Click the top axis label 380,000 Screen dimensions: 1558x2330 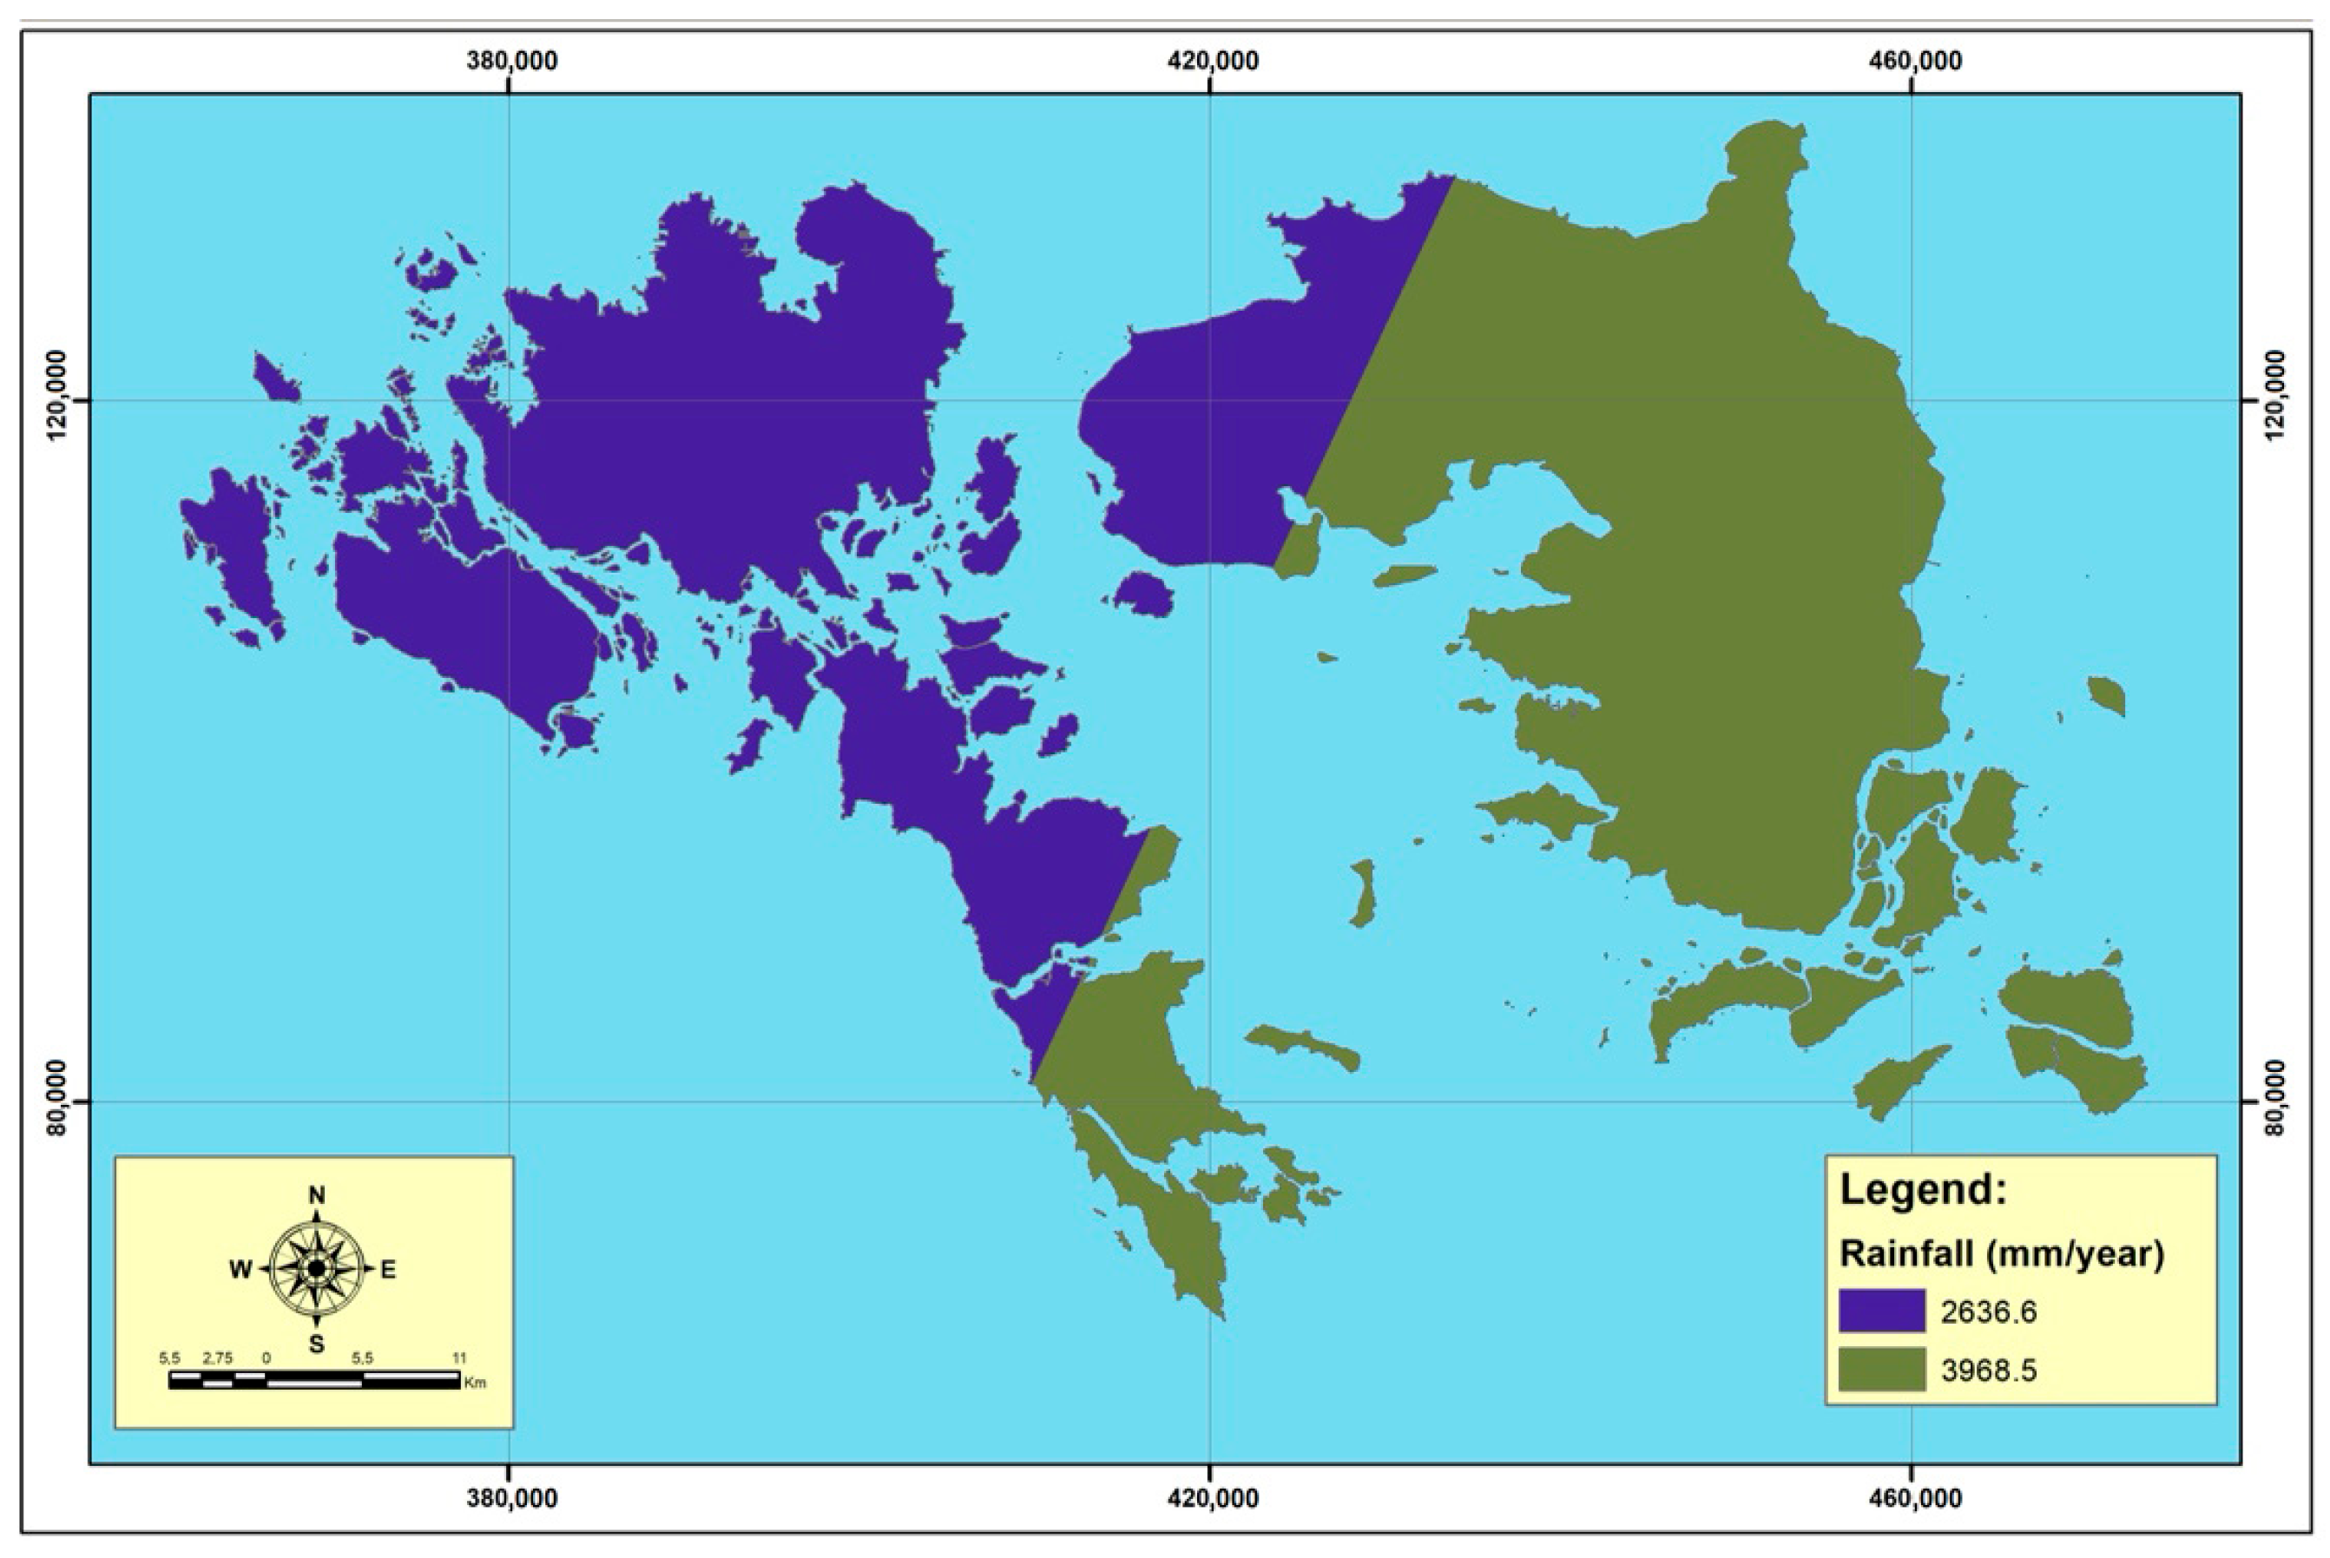point(511,61)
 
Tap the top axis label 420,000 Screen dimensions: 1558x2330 point(1212,61)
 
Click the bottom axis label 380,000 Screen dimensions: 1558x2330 point(511,1497)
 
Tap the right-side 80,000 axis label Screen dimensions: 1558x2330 point(2275,1100)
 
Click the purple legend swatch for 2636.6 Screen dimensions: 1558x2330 point(1881,1311)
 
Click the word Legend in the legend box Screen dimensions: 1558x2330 point(1923,1189)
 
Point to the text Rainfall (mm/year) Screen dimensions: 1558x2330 point(2001,1254)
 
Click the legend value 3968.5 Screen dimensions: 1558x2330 point(1988,1371)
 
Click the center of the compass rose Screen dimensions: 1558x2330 point(316,1269)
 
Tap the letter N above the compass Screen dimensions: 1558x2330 point(317,1195)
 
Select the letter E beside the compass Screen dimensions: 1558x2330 point(389,1270)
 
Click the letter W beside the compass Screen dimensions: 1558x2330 point(240,1270)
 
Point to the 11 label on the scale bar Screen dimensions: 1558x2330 point(459,1357)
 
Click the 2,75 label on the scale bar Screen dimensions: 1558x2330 point(218,1357)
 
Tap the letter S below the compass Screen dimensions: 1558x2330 point(317,1345)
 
